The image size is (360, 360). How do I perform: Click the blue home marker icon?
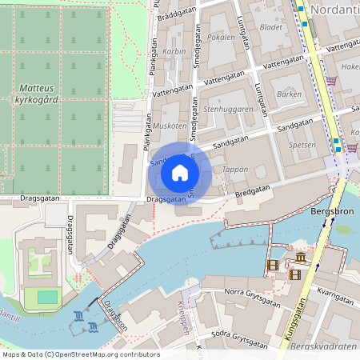[x=180, y=173]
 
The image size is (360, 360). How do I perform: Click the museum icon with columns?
[x=300, y=258]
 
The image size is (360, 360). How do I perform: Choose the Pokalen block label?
[x=221, y=37]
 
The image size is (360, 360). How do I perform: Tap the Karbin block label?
[x=174, y=51]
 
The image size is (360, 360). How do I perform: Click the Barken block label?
[x=288, y=94]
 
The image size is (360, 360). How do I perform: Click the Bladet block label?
[x=272, y=26]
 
